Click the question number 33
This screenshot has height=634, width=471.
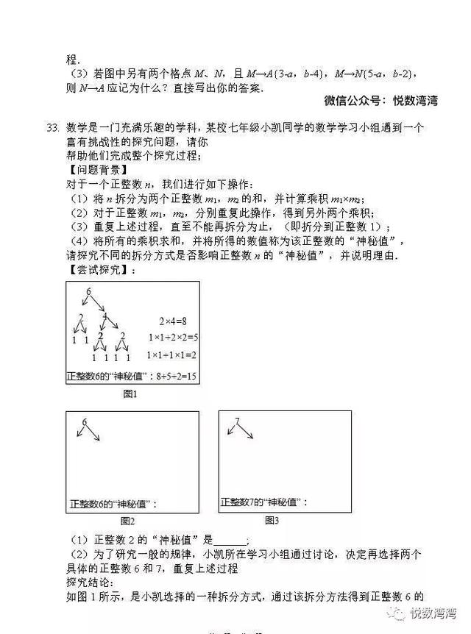tap(52, 128)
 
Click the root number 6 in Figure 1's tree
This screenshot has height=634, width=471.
tap(88, 293)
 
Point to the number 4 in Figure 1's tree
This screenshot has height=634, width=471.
tap(105, 317)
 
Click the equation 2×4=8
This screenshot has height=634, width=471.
tap(174, 321)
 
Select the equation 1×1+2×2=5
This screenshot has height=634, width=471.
tap(173, 338)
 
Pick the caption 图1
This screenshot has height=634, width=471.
tap(130, 394)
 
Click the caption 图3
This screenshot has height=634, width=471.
tap(272, 520)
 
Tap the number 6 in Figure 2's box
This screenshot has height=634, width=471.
tap(85, 422)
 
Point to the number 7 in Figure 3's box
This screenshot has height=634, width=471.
tap(236, 422)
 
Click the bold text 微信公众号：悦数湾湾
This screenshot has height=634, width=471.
tap(380, 101)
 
